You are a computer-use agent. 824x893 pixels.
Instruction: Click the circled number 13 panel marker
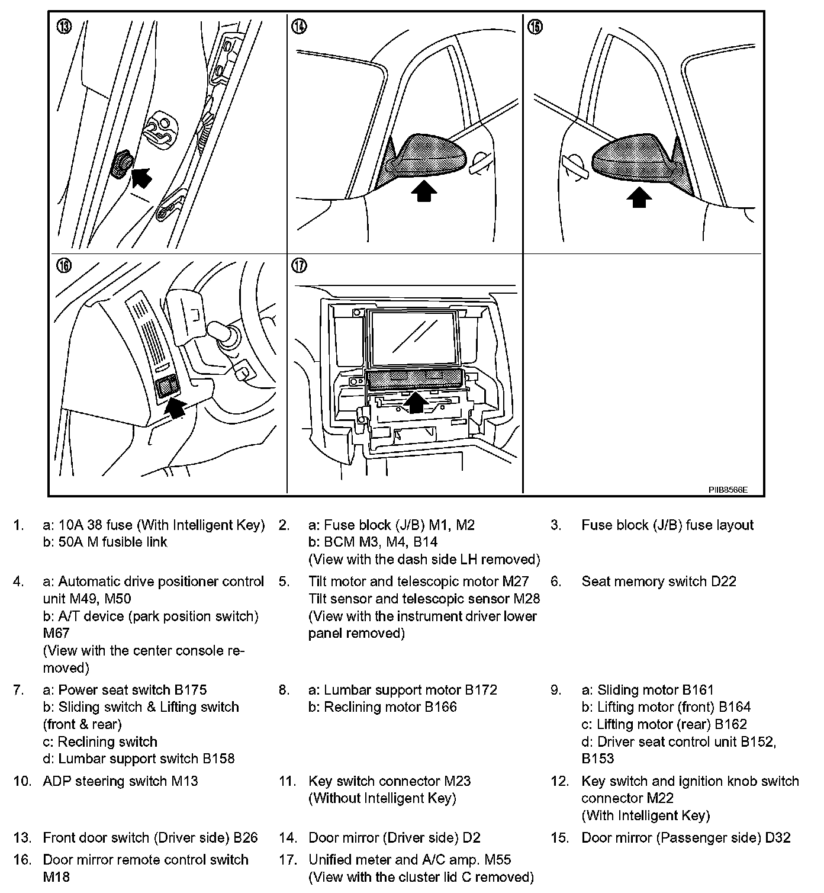click(63, 27)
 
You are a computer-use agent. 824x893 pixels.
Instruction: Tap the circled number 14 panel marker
click(300, 27)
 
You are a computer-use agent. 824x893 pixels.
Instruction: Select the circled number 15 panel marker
click(535, 27)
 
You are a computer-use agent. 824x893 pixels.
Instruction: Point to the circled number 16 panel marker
click(63, 265)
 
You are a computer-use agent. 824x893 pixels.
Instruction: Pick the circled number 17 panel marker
click(300, 265)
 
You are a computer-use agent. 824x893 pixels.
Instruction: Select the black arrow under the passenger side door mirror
click(638, 197)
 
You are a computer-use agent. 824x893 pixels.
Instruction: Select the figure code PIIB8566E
click(728, 490)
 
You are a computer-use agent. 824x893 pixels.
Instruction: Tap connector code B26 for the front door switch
click(245, 838)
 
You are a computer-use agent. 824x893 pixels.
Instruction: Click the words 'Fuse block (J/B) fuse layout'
click(667, 525)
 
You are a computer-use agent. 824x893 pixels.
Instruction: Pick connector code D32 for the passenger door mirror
click(777, 838)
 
